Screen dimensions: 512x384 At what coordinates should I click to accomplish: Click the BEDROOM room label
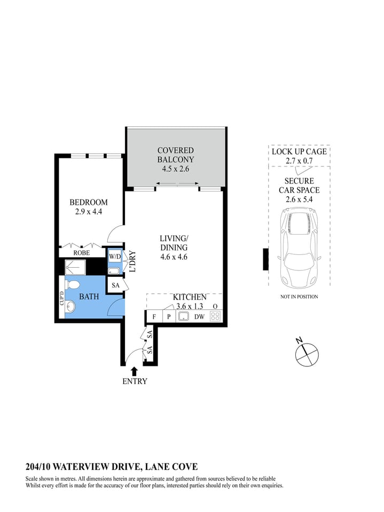(x=88, y=202)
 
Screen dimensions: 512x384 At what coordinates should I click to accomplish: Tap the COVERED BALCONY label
(x=175, y=155)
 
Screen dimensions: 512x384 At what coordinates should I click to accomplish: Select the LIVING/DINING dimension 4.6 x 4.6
(x=174, y=257)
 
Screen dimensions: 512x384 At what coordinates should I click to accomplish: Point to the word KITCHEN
(x=189, y=297)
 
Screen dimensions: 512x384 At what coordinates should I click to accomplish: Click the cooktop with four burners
(x=215, y=316)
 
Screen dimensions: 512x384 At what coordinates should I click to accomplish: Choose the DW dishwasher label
(x=199, y=317)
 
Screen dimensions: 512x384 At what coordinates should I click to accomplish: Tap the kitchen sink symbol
(x=183, y=316)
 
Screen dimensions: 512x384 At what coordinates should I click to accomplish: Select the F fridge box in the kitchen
(x=153, y=317)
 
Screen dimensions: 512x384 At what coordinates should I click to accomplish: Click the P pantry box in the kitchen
(x=168, y=317)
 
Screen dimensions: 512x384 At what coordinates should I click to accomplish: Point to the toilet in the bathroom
(x=73, y=284)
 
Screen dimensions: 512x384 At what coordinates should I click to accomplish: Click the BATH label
(x=89, y=296)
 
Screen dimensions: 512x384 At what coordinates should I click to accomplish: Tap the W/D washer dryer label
(x=115, y=257)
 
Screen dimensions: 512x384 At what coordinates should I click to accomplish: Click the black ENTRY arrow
(x=134, y=371)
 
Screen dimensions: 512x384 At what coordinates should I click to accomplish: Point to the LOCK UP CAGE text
(x=299, y=151)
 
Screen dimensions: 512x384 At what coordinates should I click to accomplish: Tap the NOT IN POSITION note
(x=299, y=297)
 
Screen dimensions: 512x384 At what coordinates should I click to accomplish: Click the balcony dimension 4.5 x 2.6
(x=176, y=169)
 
